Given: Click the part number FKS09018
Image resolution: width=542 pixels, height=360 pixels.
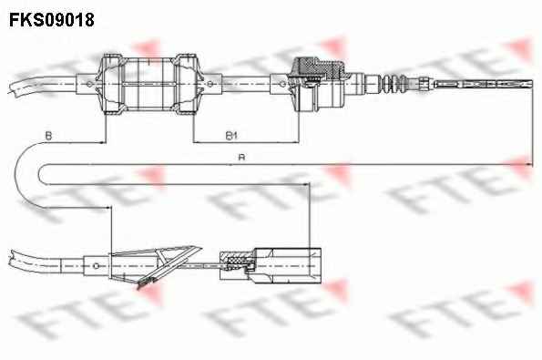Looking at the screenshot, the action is point(52,20).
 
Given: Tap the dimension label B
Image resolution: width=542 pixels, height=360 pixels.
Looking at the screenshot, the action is point(49,136).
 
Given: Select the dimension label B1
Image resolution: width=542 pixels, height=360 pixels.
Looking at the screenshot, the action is point(231,135).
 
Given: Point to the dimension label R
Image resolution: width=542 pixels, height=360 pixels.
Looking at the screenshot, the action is point(242,158).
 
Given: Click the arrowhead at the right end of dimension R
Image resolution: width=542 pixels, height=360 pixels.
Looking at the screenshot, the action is point(529,165).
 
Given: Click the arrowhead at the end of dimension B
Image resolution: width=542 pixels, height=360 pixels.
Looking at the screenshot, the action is point(102,142).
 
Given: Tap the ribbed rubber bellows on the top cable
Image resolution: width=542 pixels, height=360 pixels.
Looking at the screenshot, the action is point(394,83).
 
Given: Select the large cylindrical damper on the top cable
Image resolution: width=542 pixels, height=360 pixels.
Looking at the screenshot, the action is point(149,84).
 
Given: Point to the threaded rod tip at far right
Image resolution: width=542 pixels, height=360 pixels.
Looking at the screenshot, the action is point(484,84).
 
